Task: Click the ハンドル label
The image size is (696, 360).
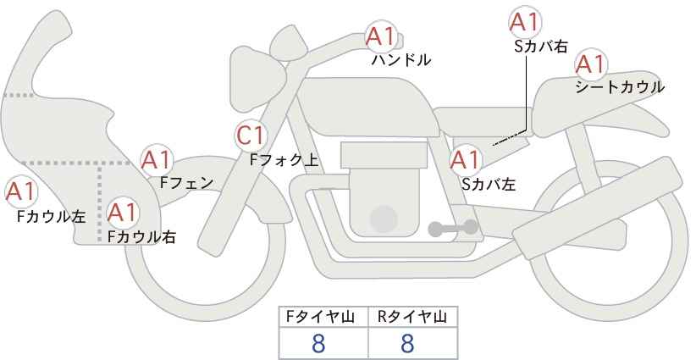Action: (401, 60)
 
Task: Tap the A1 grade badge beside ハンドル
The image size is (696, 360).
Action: (380, 36)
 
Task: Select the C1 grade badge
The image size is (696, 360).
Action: (251, 135)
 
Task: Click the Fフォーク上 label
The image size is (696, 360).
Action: (284, 158)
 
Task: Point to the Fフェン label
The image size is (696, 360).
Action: (186, 182)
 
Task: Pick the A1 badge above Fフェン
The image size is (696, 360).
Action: (156, 159)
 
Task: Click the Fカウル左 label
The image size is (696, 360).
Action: (51, 216)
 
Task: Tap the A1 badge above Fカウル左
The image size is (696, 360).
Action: (20, 191)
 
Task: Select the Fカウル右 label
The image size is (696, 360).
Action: (141, 236)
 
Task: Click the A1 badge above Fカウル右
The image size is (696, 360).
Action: (122, 212)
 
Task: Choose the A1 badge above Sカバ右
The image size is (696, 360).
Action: (525, 21)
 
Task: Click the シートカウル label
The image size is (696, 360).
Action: (619, 87)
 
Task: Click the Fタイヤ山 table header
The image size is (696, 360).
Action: (324, 317)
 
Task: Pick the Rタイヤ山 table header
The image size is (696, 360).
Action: (412, 317)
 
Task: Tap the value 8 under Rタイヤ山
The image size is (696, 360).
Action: (407, 343)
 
